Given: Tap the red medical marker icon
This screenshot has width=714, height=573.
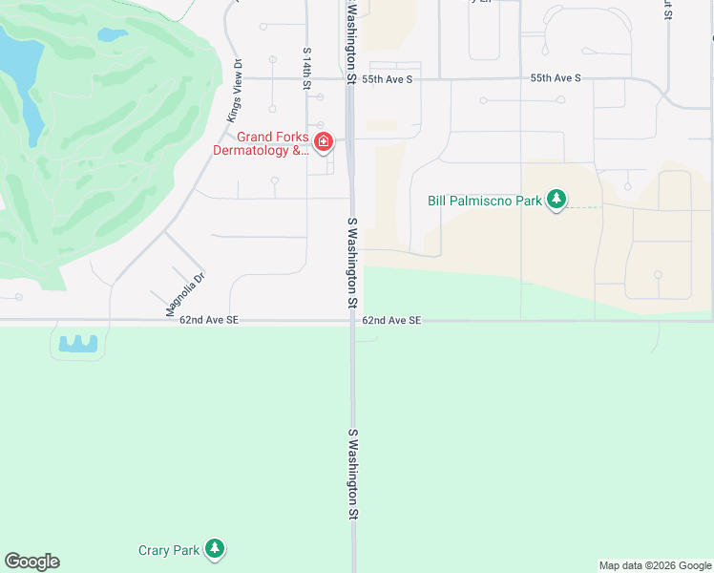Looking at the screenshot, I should tap(324, 142).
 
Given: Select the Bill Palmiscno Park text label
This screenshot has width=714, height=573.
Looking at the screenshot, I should tap(484, 201).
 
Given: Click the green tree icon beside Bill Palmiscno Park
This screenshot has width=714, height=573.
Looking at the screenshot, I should tap(556, 200).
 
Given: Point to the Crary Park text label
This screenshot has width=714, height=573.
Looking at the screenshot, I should tap(169, 550).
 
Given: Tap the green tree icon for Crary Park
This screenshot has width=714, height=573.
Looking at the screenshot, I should tap(217, 549).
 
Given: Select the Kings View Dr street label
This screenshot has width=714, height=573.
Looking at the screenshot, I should tap(234, 90).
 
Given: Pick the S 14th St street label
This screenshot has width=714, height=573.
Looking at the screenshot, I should tap(306, 69).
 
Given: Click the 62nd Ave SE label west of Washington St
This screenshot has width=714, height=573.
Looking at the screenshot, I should tap(208, 321).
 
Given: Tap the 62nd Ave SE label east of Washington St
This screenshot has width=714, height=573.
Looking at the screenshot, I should tap(391, 321).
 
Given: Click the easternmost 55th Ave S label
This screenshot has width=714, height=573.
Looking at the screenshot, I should tap(556, 78).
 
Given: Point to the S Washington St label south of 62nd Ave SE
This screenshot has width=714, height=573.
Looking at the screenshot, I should tap(352, 473).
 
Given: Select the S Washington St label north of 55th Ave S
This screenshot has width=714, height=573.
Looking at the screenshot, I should tap(351, 43).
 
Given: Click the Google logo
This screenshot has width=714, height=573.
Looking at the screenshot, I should tap(31, 562).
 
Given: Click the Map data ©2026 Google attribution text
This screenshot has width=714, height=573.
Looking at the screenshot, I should tap(655, 565).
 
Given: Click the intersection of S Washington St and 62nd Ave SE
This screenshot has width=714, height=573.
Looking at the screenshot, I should tap(352, 322).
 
